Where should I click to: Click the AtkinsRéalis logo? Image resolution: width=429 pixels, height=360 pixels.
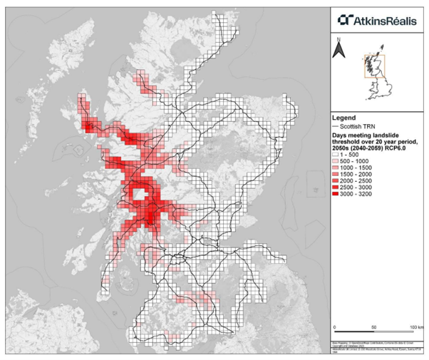pos(378,16)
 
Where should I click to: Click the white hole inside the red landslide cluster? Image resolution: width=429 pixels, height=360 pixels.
pos(143,194)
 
